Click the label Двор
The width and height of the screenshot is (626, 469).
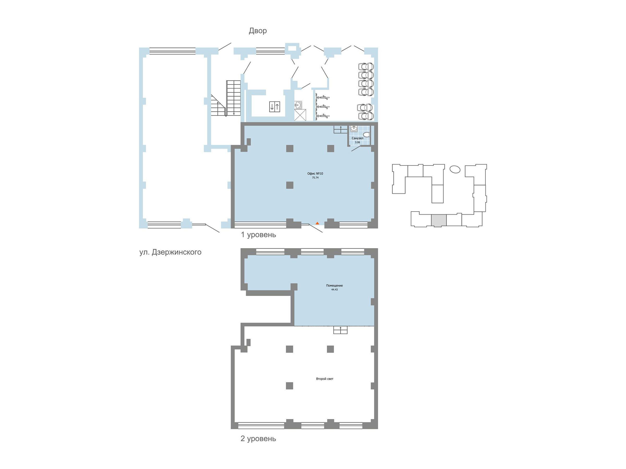pos(257,30)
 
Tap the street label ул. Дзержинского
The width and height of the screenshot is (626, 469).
pos(170,252)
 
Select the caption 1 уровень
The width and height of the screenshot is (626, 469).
pos(258,235)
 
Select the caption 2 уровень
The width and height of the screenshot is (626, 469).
pos(258,439)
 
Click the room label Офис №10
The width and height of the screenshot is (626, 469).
pos(315,174)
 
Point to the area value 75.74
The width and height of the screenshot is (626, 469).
pos(315,178)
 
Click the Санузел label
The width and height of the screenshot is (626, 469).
pos(357,138)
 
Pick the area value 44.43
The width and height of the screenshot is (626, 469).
pos(334,290)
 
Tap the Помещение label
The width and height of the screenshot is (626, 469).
pos(334,286)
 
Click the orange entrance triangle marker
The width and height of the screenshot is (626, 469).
pos(317,223)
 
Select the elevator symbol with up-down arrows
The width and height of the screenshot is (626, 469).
pos(274,107)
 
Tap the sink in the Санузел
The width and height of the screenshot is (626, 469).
pos(354,129)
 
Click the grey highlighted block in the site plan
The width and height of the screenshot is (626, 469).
pos(439,220)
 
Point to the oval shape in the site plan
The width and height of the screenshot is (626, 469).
pos(455,169)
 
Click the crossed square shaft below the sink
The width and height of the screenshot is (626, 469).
pos(300,115)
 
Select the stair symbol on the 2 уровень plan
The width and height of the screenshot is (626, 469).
pos(340,330)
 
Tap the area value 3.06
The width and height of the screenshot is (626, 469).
pos(357,143)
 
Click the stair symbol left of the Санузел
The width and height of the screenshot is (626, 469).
pos(341,129)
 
